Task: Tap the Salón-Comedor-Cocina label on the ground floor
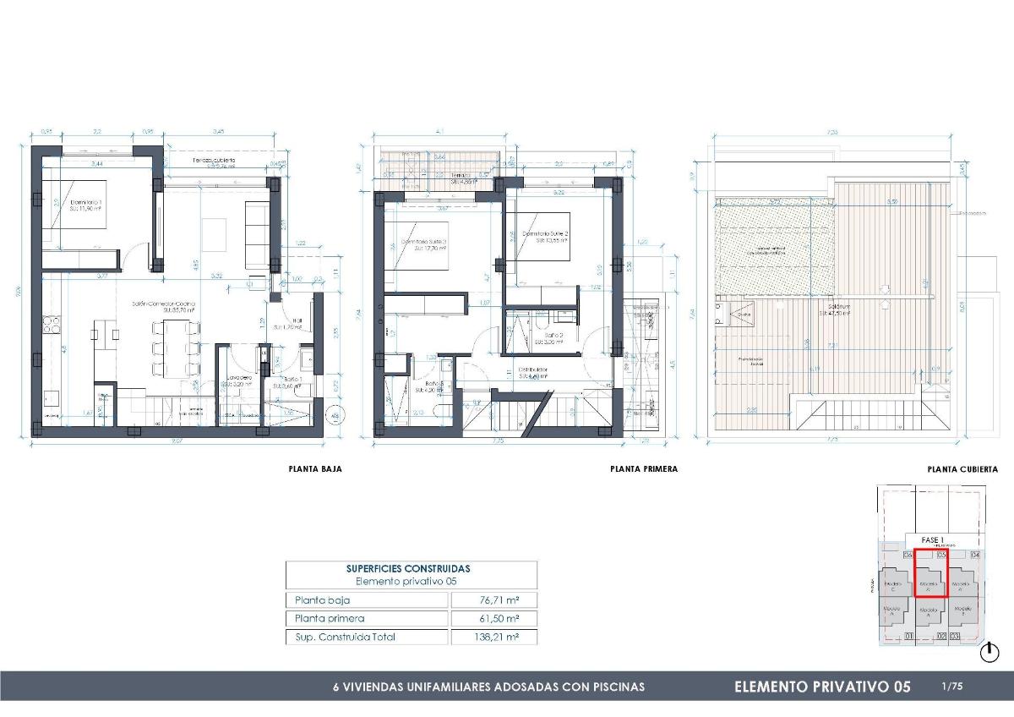point(163,303)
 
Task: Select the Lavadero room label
point(238,378)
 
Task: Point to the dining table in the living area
point(175,348)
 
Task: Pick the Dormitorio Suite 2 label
point(545,234)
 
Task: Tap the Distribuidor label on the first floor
point(534,369)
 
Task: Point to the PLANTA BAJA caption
point(315,468)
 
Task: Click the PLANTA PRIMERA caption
point(643,468)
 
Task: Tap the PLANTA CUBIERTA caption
point(962,468)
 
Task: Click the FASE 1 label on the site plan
point(932,539)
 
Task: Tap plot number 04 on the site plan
point(975,556)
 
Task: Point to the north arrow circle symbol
point(989,652)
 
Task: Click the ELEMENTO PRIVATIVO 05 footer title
point(822,687)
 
